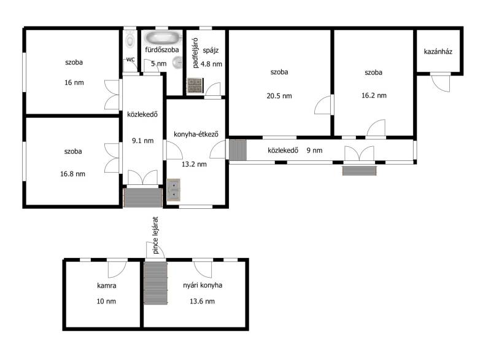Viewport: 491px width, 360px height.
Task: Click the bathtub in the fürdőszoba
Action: pos(163,38)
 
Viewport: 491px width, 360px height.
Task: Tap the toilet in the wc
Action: pos(130,39)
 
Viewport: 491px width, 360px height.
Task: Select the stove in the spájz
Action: pos(195,85)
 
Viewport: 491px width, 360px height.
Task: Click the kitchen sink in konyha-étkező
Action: pos(173,190)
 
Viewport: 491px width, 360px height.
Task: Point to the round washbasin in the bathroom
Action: pos(177,62)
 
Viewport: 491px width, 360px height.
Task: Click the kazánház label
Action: pos(438,52)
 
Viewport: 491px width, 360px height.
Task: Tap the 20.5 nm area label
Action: pos(279,96)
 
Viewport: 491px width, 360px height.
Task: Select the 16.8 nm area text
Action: pos(72,174)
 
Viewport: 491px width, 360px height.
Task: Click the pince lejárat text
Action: pos(156,235)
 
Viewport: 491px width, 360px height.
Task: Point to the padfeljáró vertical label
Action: pos(195,53)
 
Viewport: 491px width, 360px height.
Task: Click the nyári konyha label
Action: pos(203,285)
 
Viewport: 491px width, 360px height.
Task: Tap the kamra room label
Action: pos(106,286)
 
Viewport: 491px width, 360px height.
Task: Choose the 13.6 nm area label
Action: pos(203,302)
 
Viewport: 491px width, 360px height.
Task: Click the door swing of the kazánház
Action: pos(440,83)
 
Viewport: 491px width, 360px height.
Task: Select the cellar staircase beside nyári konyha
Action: pos(156,283)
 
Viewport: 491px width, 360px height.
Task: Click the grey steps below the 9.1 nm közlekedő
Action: pos(143,197)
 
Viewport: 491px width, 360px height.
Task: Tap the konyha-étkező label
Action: pos(196,134)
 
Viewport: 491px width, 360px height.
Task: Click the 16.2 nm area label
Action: pos(374,96)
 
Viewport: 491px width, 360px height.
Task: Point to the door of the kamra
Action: pos(117,269)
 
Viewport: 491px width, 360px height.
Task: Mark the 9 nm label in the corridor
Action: pos(314,151)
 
